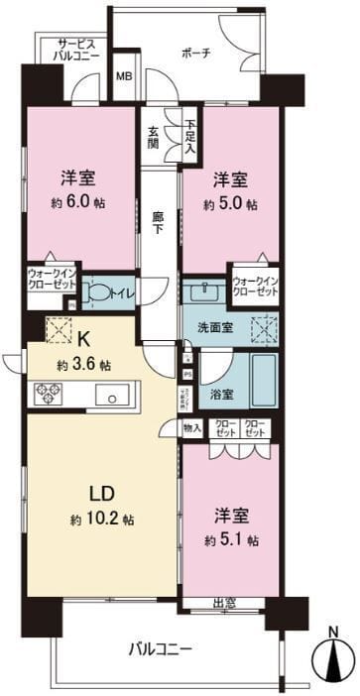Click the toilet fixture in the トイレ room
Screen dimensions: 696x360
point(97,291)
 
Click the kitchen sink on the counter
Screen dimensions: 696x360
point(111,394)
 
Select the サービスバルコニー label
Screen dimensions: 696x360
point(68,51)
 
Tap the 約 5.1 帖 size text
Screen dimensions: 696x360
point(234,540)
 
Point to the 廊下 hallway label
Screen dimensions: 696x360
point(157,219)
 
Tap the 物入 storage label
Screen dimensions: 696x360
point(192,428)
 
